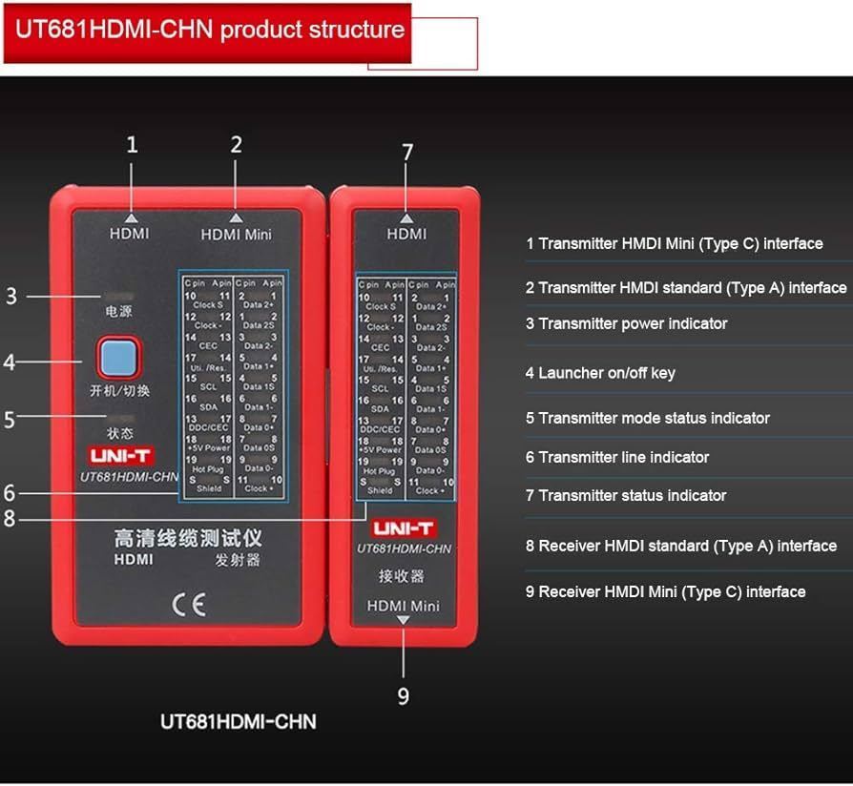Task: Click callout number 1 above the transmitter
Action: coord(132,145)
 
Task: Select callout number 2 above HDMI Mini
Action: coord(236,145)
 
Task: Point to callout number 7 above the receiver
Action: coord(407,153)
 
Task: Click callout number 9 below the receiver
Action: coord(403,696)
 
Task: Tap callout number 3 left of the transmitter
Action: coord(11,297)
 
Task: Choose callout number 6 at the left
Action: coord(10,493)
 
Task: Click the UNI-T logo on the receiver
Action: coord(403,527)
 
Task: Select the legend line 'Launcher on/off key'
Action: coord(600,373)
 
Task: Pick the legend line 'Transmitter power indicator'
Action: coord(626,323)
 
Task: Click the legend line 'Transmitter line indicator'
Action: coord(617,458)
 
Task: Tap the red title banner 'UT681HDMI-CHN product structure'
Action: coord(208,31)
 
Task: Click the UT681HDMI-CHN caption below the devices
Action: coord(238,721)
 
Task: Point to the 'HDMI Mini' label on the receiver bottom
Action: coord(404,606)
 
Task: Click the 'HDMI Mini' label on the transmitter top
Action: coord(236,234)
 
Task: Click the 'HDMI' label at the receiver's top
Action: coord(406,234)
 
